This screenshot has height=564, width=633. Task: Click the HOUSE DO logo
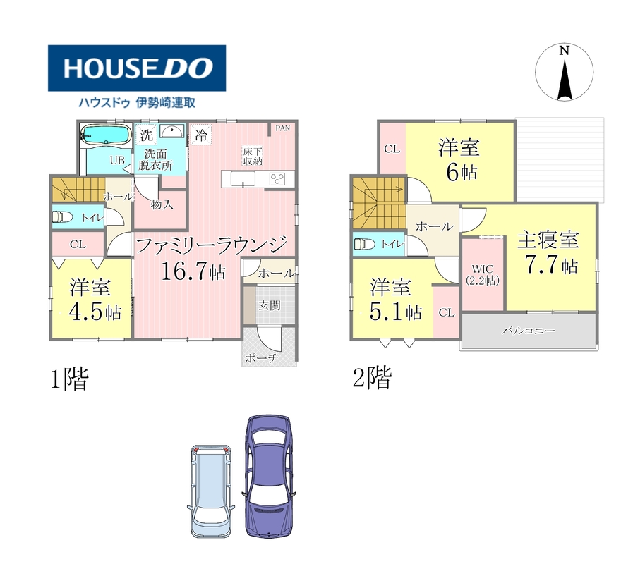[137, 68]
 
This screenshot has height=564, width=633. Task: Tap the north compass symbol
[565, 72]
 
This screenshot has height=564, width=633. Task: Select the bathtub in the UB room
[106, 134]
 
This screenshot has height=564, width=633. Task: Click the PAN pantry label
[282, 128]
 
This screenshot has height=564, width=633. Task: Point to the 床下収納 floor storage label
[253, 156]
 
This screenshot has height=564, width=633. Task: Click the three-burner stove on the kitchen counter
[277, 178]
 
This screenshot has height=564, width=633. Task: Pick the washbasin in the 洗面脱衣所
[171, 131]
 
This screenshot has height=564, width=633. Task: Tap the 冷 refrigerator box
[200, 135]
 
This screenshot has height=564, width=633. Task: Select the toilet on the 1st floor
[62, 217]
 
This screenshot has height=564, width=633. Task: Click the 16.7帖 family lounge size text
[193, 271]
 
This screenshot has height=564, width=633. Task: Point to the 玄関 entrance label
[270, 305]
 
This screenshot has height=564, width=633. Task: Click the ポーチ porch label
[262, 358]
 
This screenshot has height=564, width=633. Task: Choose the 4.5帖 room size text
[95, 311]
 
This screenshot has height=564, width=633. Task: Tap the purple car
[268, 476]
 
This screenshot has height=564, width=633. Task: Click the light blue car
[211, 491]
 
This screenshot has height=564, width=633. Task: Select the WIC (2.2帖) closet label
[483, 275]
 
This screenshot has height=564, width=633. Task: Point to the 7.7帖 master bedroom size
[551, 264]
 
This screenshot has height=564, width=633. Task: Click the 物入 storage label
[162, 204]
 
